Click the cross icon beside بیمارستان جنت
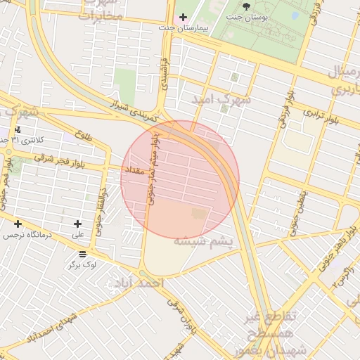(184, 17)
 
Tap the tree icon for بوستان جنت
(246, 6)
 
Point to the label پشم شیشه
(204, 241)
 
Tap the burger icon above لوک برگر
(83, 253)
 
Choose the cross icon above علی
(77, 224)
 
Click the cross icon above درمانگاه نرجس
(18, 224)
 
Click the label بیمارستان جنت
(155, 27)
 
